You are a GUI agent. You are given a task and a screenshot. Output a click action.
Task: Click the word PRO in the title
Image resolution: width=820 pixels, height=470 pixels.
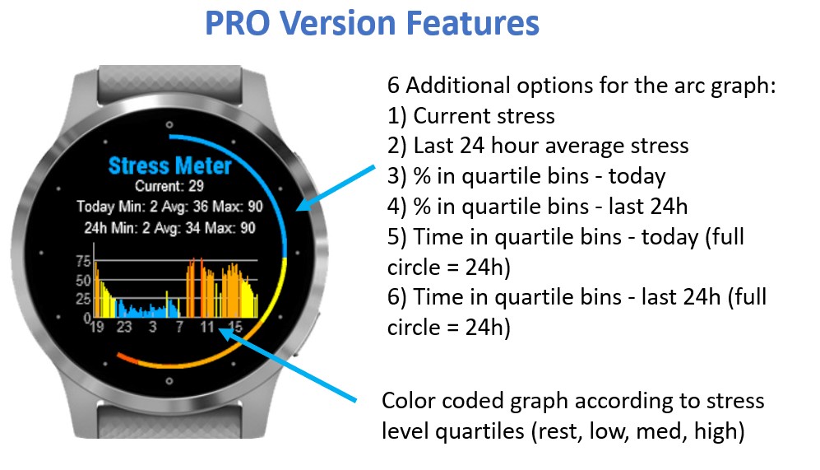238,23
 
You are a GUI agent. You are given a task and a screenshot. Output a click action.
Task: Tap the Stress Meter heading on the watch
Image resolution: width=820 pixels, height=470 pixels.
170,166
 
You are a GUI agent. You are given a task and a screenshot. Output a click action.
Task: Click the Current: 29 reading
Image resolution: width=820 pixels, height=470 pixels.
169,186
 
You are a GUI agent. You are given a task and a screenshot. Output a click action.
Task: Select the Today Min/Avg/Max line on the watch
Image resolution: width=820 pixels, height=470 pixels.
169,207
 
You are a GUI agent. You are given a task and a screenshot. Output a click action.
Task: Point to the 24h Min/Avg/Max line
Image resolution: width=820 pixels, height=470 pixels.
169,228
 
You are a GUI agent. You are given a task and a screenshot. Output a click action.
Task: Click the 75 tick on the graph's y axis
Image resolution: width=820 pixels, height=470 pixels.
83,261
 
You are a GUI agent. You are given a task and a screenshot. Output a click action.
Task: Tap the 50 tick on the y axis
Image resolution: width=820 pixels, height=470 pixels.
83,280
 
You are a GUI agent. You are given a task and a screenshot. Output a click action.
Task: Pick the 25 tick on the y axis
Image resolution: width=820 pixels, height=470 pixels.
83,299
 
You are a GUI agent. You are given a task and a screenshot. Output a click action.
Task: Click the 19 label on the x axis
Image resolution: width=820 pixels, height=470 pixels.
97,327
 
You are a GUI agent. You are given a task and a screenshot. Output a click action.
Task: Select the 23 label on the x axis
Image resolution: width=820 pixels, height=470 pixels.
124,327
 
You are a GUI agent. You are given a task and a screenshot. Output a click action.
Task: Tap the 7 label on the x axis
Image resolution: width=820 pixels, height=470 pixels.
179,327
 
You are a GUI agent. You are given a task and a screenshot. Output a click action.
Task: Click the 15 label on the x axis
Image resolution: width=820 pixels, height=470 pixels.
235,327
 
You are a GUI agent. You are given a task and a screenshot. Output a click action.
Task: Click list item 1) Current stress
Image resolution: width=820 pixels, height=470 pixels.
470,116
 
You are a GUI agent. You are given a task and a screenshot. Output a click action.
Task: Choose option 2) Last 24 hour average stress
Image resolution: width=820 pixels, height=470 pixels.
538,146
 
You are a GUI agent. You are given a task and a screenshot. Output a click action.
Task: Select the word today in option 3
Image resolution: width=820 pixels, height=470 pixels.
637,176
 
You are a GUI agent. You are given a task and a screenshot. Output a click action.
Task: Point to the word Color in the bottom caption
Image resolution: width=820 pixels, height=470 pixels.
409,401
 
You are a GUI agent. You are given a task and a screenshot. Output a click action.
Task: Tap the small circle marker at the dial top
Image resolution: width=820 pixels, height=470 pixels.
169,124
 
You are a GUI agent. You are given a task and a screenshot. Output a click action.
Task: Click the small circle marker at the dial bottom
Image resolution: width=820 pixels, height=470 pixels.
169,381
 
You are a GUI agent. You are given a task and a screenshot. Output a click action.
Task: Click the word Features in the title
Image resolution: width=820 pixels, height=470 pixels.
472,23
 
